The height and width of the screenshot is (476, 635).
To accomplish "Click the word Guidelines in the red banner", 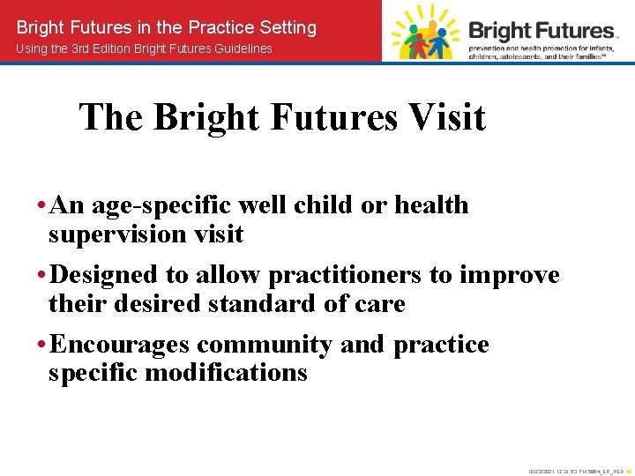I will pyautogui.click(x=240, y=48).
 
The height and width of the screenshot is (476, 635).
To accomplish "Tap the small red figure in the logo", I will pyautogui.click(x=420, y=40).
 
